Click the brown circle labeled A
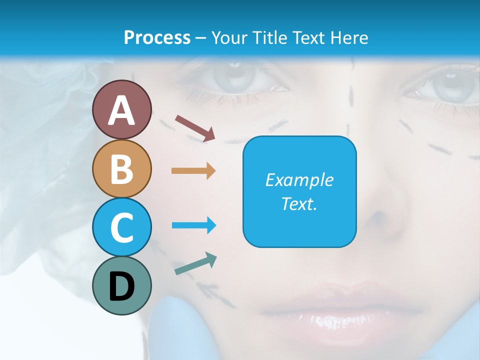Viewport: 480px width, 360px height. point(122,109)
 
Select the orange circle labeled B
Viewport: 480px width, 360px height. point(122,168)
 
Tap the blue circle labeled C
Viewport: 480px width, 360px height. point(122,226)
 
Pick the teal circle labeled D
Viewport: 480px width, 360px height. point(122,285)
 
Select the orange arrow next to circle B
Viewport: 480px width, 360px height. point(193,170)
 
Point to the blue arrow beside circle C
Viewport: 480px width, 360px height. point(193,225)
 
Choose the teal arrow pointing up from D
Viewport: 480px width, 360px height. point(195,263)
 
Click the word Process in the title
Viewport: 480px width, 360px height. point(157,37)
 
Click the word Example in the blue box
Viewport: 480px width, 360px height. point(299,180)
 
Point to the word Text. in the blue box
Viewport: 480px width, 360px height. point(299,203)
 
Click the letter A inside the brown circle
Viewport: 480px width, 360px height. point(122,110)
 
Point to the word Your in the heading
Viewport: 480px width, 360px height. point(228,37)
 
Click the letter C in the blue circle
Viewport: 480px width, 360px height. point(122,227)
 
